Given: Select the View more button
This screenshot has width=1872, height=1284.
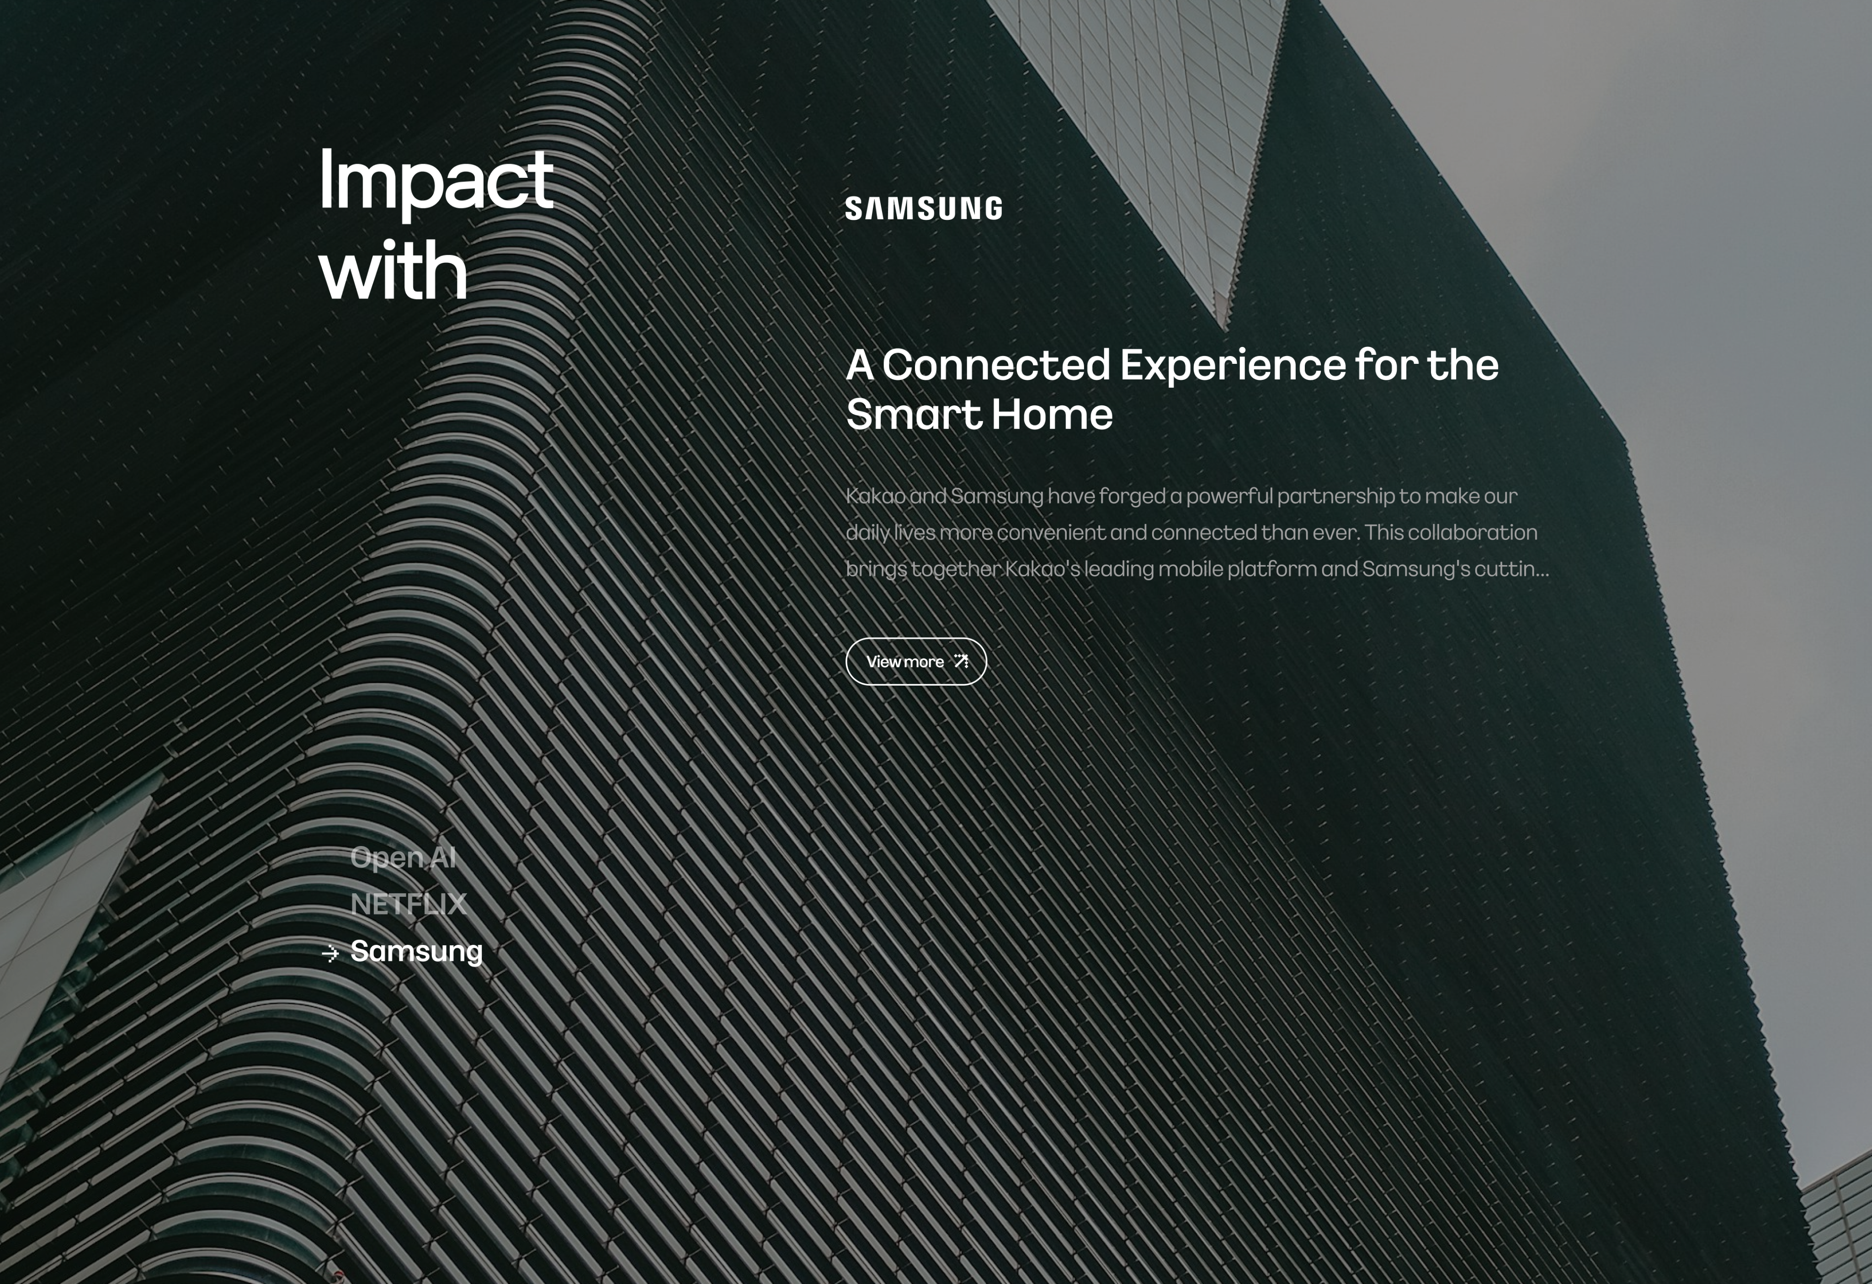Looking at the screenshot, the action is coord(916,661).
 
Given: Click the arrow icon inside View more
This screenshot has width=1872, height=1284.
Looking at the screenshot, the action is coord(961,661).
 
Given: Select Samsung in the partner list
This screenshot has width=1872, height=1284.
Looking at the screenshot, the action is coord(416,951).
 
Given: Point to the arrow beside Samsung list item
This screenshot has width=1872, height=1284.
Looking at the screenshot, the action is coord(330,954).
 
